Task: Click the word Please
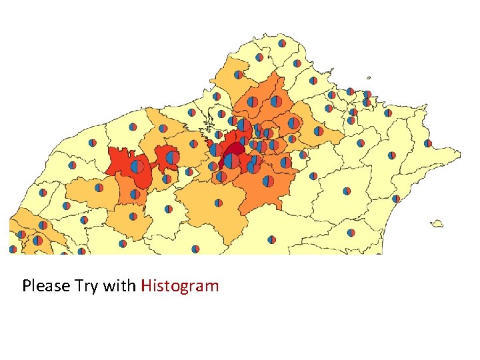coord(45,286)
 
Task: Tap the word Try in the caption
coord(84,287)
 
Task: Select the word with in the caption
coord(119,286)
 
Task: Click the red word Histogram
coord(179,287)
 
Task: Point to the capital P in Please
coord(27,286)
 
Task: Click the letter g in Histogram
coord(187,288)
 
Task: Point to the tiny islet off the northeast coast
coord(367,76)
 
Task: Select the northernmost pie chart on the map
coord(282,43)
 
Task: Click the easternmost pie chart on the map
coord(427,143)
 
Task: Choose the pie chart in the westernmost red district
coord(137,166)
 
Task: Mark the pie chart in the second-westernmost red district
coord(173,158)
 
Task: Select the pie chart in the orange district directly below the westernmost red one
coord(135,194)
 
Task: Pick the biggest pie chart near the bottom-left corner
coord(38,240)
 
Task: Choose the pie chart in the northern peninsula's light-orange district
coord(239,75)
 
